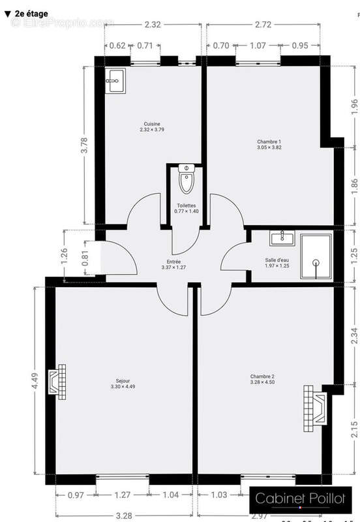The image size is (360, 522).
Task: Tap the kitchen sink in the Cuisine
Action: (115, 82)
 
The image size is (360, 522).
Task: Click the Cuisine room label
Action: (152, 127)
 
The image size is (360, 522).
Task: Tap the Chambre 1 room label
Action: (269, 144)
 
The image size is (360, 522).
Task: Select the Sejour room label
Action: (123, 384)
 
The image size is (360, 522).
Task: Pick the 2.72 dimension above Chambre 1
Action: (263, 24)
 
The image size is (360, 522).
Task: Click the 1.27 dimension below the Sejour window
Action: (123, 495)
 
